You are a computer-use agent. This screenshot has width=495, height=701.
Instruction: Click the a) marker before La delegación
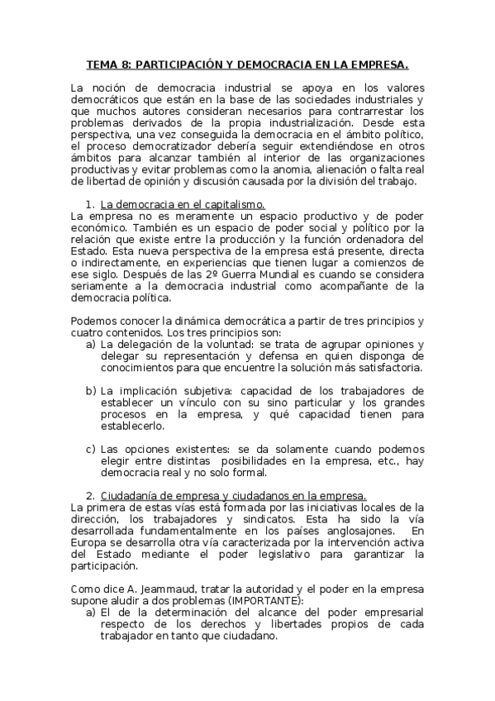point(91,344)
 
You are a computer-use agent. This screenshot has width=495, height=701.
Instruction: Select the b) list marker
point(91,390)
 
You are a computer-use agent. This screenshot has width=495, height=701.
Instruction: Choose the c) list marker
point(91,449)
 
